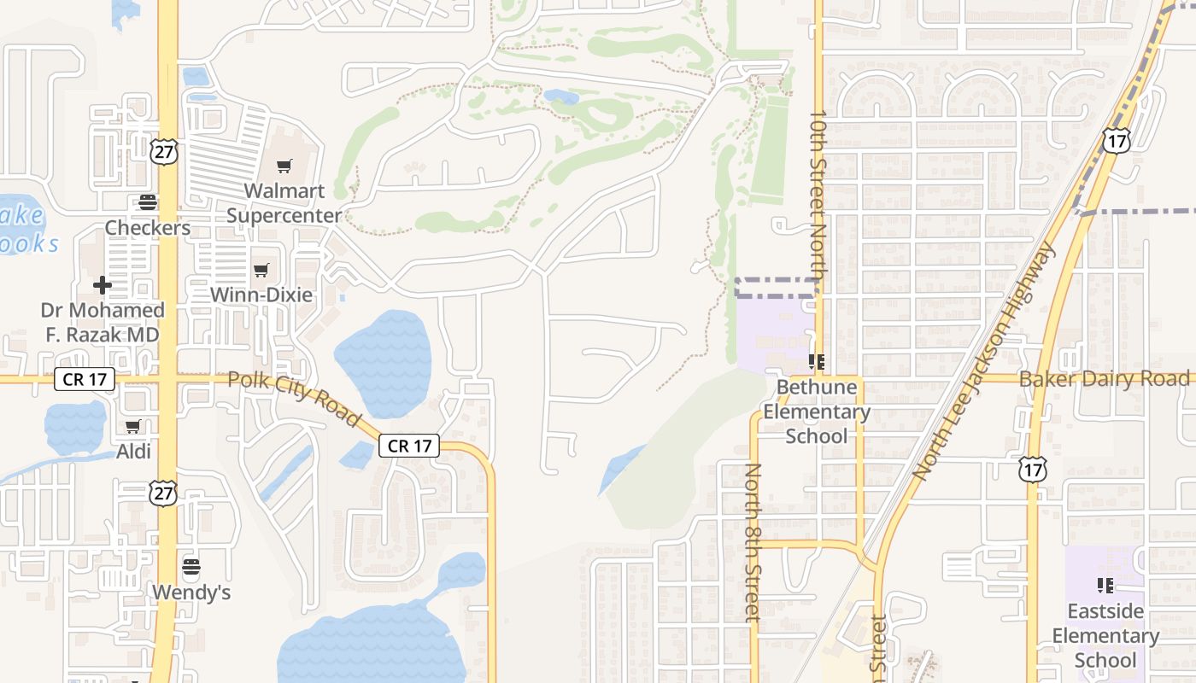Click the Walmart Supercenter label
(x=284, y=203)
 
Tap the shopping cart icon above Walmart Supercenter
(x=284, y=166)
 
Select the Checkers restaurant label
(x=148, y=228)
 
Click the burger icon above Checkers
(x=148, y=202)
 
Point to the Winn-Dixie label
(x=261, y=295)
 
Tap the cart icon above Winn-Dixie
(x=261, y=271)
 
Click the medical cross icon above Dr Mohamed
(x=103, y=285)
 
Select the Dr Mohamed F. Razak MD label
(x=103, y=322)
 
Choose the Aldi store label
(x=132, y=451)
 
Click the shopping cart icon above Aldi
(x=132, y=426)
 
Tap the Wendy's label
(x=191, y=592)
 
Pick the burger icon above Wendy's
(x=191, y=567)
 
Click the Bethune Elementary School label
(x=817, y=412)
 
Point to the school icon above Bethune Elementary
(x=817, y=363)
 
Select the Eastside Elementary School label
(x=1105, y=635)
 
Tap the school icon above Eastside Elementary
(x=1105, y=586)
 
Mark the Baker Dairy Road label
(x=1105, y=378)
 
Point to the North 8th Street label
(x=753, y=541)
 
